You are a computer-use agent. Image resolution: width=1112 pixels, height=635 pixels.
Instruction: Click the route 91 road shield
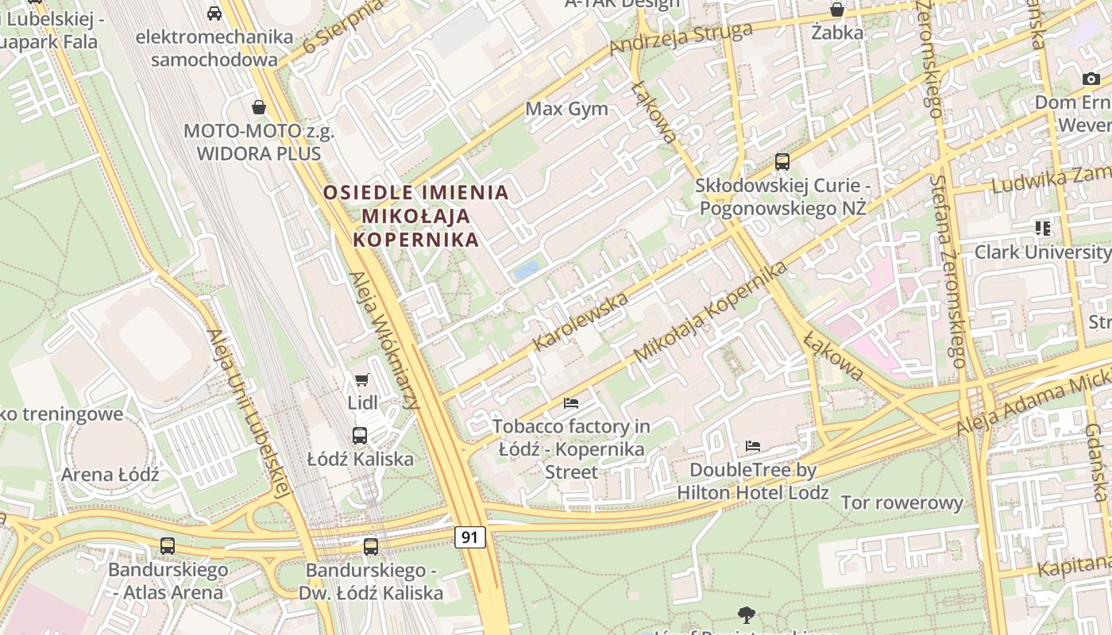coord(470,537)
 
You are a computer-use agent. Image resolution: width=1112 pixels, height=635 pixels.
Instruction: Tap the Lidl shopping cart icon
coord(362,380)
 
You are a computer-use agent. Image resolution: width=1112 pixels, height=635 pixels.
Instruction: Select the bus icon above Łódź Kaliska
coord(360,435)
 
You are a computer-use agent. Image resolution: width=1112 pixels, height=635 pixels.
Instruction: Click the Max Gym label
coord(567,109)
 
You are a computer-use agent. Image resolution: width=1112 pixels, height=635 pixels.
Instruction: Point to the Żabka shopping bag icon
coord(837,10)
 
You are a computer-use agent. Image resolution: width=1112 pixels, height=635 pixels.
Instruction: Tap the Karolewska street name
coord(582,321)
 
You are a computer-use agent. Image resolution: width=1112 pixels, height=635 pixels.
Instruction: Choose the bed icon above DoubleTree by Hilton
coord(753,446)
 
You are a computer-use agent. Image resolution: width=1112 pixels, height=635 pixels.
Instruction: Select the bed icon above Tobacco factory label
coord(571,402)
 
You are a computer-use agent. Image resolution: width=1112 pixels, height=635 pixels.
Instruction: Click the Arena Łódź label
coord(110,475)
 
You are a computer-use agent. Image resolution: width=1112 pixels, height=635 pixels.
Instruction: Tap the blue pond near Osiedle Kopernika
coord(526,270)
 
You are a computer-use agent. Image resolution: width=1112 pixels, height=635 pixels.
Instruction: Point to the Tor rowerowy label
coord(902,502)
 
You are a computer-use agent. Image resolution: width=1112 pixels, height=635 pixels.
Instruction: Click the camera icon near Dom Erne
coord(1091,79)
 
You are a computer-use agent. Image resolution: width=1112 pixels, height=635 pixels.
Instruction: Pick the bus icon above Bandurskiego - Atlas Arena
coord(168,546)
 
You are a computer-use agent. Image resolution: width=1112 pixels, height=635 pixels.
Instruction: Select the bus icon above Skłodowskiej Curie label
coord(782,162)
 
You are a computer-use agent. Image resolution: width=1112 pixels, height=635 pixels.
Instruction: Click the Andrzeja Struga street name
coord(681,39)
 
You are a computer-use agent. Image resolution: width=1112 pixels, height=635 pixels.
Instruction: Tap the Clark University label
coord(1042,252)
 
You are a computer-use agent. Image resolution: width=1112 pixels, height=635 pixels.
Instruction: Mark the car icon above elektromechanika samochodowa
coord(214,13)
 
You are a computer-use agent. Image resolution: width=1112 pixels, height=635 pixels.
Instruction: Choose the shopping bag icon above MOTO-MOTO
coord(259,106)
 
